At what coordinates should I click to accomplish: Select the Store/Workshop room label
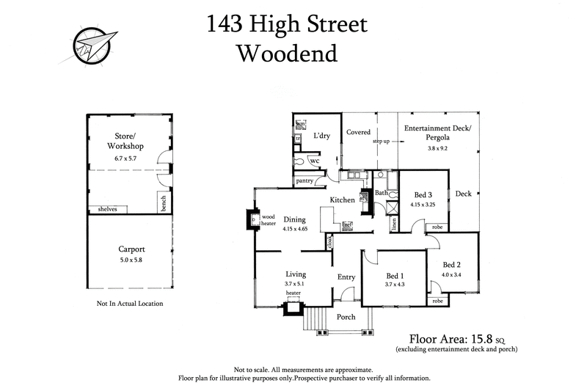coord(128,140)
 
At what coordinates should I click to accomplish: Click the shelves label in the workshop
coord(107,209)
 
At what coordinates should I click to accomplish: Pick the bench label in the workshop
coord(163,200)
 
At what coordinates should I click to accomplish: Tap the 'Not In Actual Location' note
coord(130,303)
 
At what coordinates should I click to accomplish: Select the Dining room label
coord(294,219)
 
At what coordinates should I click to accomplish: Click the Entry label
coord(346,277)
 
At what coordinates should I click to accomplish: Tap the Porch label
coord(346,317)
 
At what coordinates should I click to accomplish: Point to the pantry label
coord(305,180)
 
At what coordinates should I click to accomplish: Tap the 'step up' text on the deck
coord(381,141)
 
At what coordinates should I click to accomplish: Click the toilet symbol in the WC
coord(299,160)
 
